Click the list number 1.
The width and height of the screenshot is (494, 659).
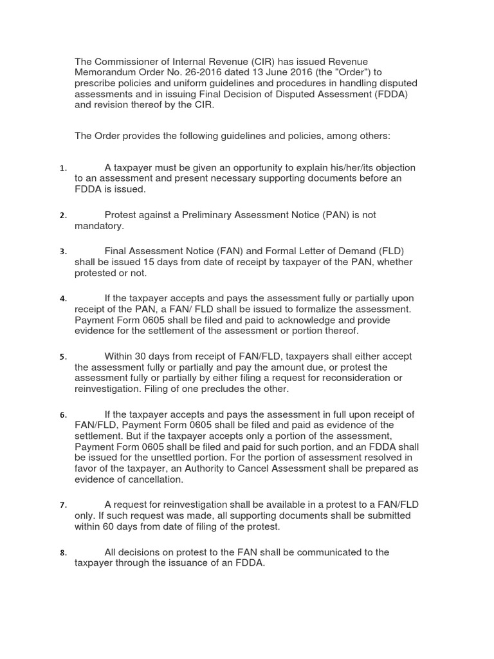pyautogui.click(x=63, y=169)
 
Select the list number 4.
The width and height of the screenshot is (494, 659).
pyautogui.click(x=63, y=299)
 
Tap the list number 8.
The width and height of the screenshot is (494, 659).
pyautogui.click(x=63, y=553)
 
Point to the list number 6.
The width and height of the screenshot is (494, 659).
pyautogui.click(x=63, y=415)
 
